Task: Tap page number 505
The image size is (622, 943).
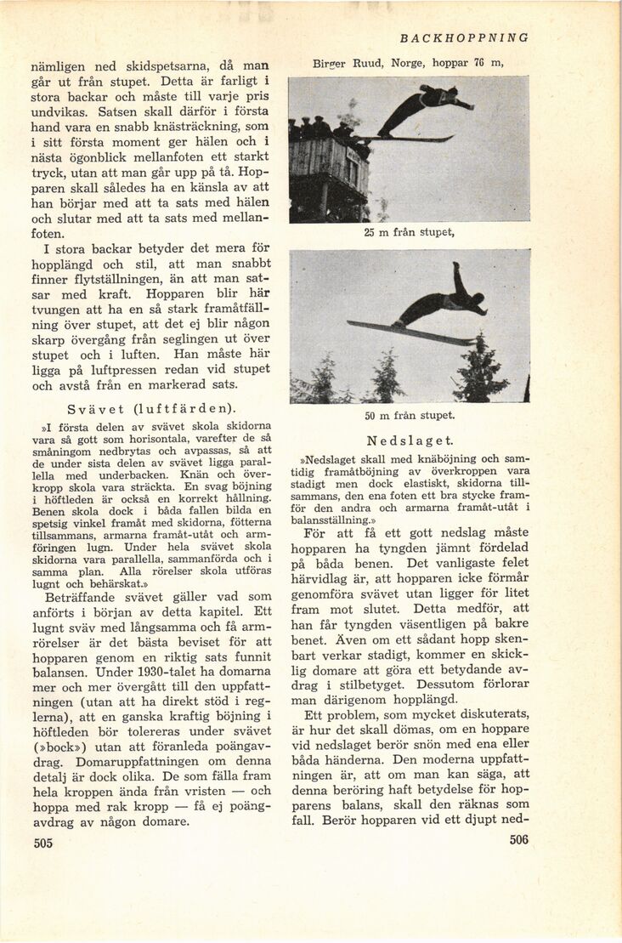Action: [x=43, y=844]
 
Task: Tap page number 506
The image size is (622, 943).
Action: [x=518, y=839]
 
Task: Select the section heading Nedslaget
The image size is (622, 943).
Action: [x=411, y=440]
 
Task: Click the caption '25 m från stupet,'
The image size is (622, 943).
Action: [x=410, y=232]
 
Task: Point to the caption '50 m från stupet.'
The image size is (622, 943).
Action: [x=410, y=415]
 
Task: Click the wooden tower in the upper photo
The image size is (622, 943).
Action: [x=328, y=174]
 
